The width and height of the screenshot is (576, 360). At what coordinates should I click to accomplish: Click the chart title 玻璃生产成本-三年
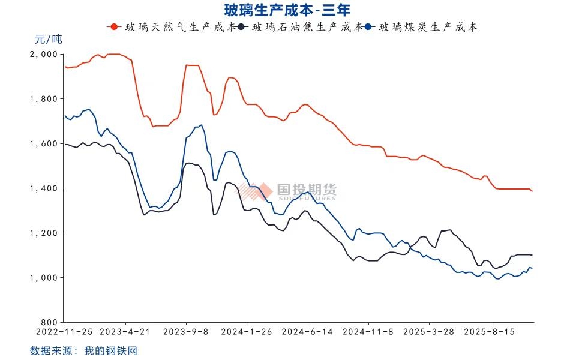pyautogui.click(x=287, y=10)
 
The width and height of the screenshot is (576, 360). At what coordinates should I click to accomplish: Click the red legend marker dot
pyautogui.click(x=113, y=27)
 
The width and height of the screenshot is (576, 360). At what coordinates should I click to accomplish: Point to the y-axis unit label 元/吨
pyautogui.click(x=48, y=40)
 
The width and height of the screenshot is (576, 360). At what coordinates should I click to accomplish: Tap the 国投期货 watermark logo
pyautogui.click(x=288, y=191)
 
